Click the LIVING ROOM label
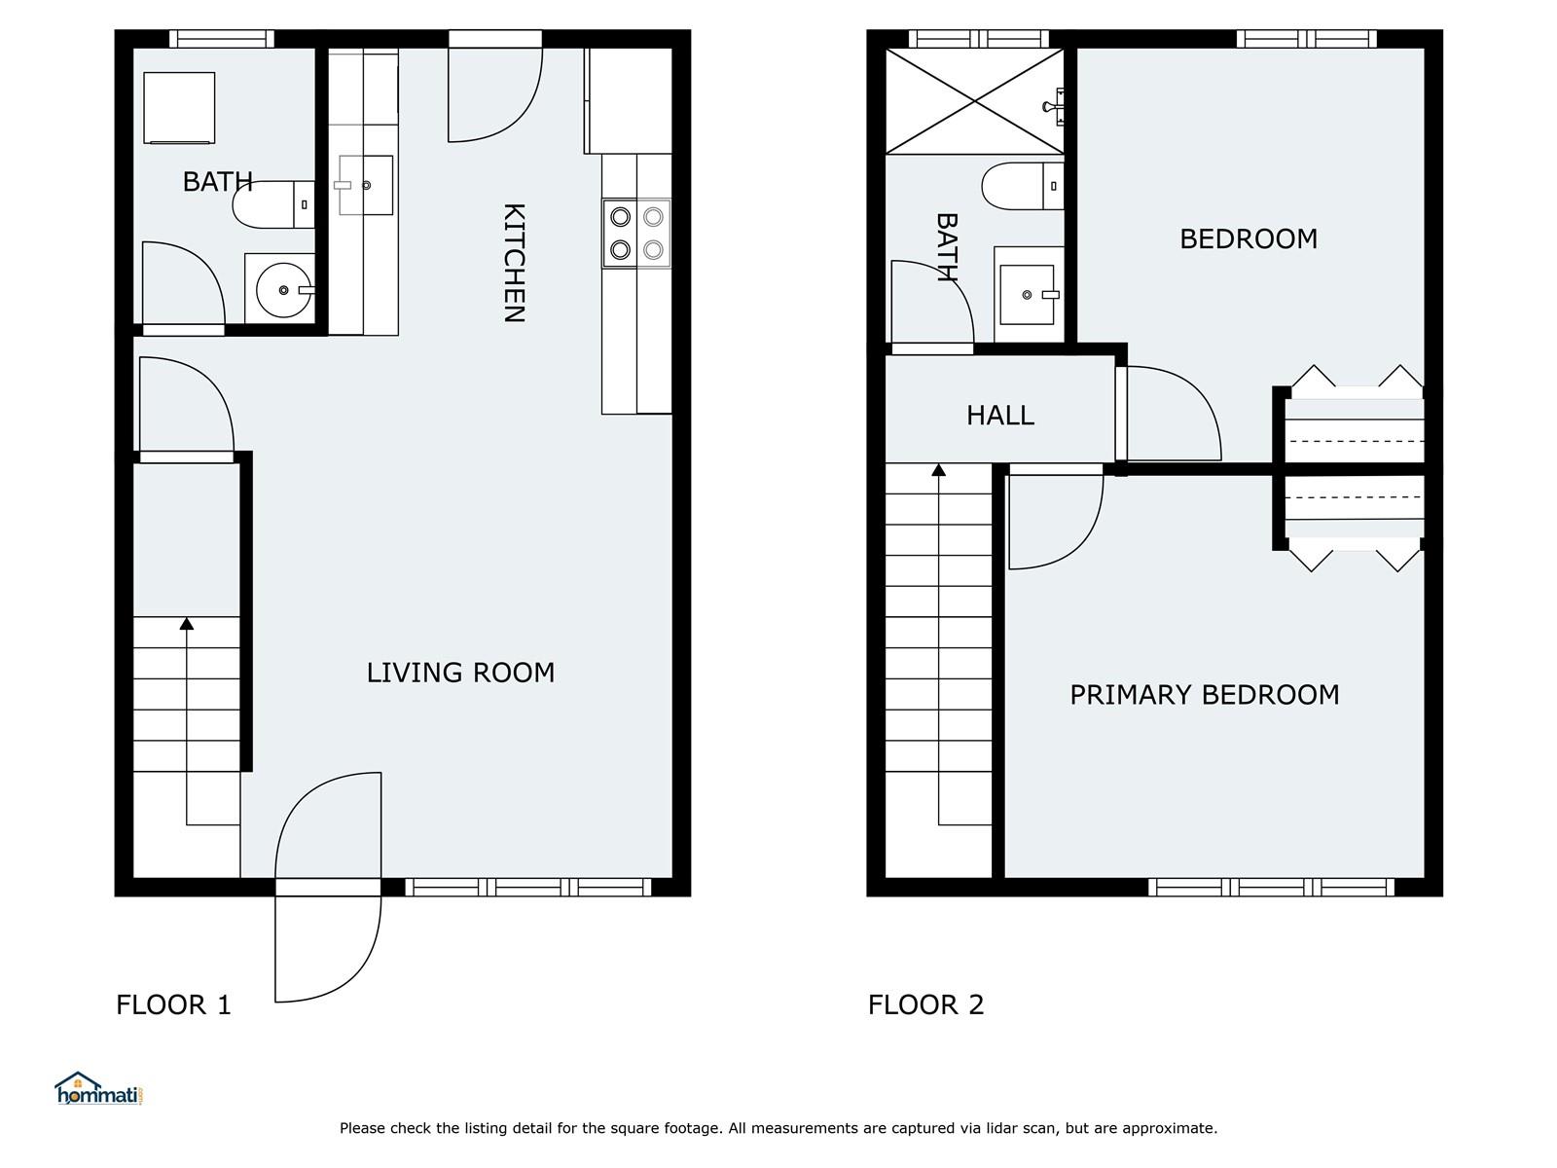pyautogui.click(x=460, y=673)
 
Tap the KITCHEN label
pyautogui.click(x=514, y=263)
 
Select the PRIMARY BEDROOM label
pyautogui.click(x=1205, y=695)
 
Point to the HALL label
pyautogui.click(x=1000, y=415)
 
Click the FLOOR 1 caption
pyautogui.click(x=174, y=1004)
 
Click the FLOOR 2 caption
pyautogui.click(x=925, y=1004)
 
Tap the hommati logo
pyautogui.click(x=99, y=1088)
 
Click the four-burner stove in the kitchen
pyautogui.click(x=636, y=234)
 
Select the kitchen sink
pyautogui.click(x=365, y=185)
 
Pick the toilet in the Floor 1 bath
pyautogui.click(x=273, y=204)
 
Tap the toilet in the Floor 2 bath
pyautogui.click(x=1023, y=186)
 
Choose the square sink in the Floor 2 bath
pyautogui.click(x=1029, y=294)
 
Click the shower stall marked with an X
pyautogui.click(x=975, y=100)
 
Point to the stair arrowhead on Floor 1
pyautogui.click(x=187, y=623)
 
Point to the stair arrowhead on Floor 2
pyautogui.click(x=938, y=469)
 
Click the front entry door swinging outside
pyautogui.click(x=328, y=949)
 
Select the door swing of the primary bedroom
pyautogui.click(x=1056, y=522)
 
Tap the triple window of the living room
pyautogui.click(x=527, y=887)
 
